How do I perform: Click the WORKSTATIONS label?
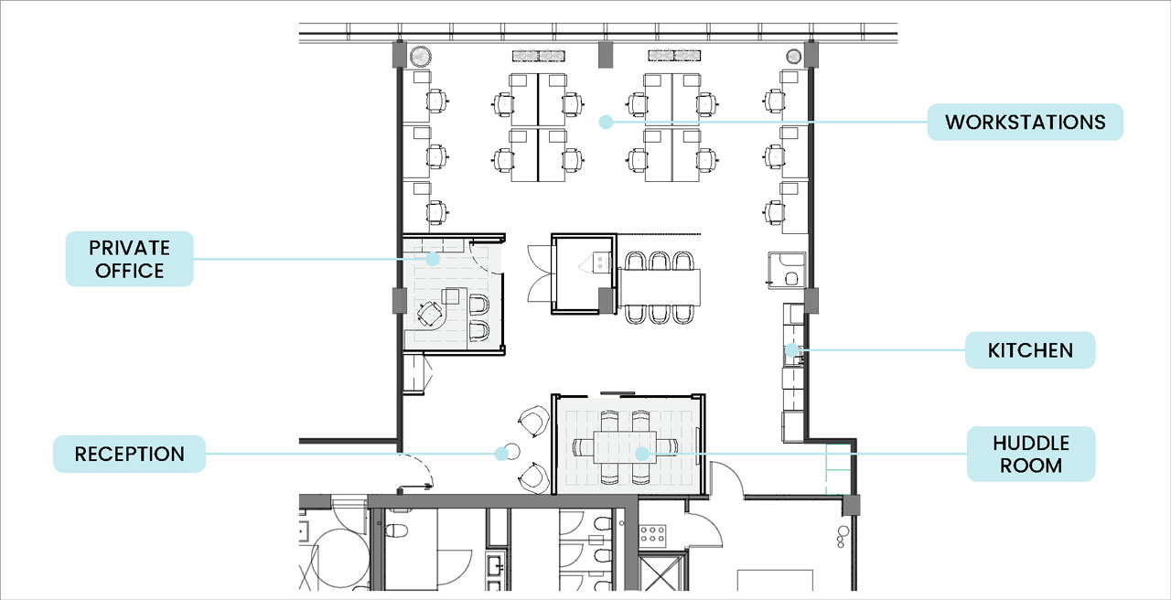(x=1026, y=122)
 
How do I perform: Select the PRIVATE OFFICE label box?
(x=130, y=259)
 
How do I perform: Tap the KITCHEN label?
(x=1030, y=350)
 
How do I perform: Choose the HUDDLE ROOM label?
(x=1031, y=454)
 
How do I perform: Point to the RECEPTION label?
(x=130, y=454)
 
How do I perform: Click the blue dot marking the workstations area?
(x=606, y=122)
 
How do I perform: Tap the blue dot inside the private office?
(x=433, y=258)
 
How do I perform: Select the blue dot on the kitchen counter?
(x=792, y=349)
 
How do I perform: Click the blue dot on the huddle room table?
(x=642, y=454)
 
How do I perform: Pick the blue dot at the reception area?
(x=501, y=454)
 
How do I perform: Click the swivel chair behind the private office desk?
(x=430, y=314)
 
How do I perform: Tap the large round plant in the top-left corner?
(x=420, y=56)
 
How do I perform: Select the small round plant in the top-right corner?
(x=793, y=56)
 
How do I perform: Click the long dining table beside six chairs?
(x=660, y=287)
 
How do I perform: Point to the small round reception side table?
(x=513, y=451)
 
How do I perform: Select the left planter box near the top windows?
(x=539, y=56)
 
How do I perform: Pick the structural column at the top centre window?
(x=606, y=54)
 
